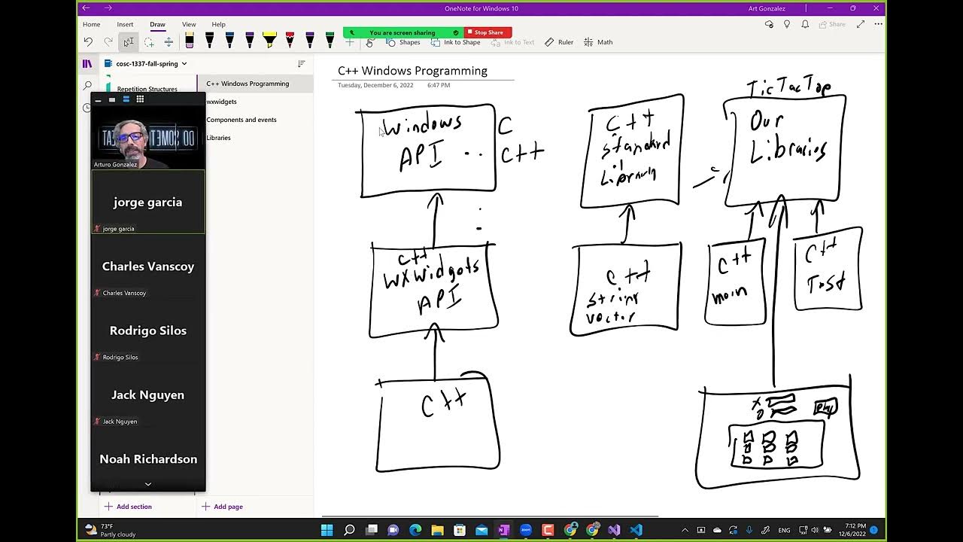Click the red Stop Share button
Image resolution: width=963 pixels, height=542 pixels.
pyautogui.click(x=488, y=32)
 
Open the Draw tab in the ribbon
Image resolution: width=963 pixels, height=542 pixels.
pyautogui.click(x=157, y=24)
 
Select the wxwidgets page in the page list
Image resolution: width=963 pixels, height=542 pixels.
pyautogui.click(x=222, y=102)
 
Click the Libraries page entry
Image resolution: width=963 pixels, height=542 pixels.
pyautogui.click(x=219, y=138)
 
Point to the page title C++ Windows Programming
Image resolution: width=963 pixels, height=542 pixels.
pyautogui.click(x=412, y=71)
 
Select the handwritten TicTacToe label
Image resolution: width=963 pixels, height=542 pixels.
pyautogui.click(x=788, y=88)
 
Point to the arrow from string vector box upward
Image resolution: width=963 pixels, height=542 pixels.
pyautogui.click(x=627, y=224)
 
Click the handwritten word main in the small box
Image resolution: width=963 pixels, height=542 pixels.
pyautogui.click(x=729, y=295)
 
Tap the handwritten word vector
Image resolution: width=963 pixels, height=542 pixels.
pyautogui.click(x=611, y=318)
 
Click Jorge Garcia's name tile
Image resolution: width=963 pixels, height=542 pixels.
pyautogui.click(x=147, y=202)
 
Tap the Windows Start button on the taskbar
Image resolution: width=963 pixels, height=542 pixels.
pyautogui.click(x=327, y=530)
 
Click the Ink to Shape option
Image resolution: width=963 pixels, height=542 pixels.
pyautogui.click(x=456, y=42)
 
